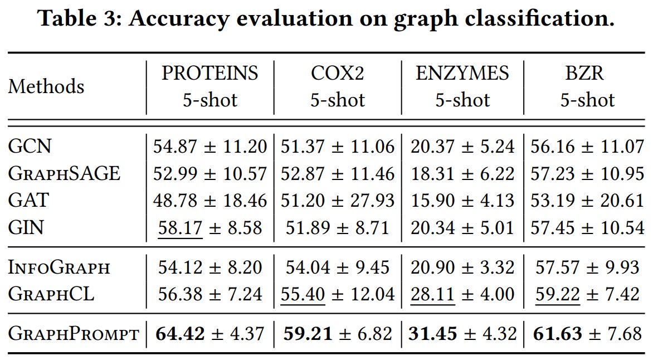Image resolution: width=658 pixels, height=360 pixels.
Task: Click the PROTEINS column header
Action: (210, 74)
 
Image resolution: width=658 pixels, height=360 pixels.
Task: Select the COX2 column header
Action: (338, 74)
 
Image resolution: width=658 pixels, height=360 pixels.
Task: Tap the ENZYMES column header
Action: (462, 74)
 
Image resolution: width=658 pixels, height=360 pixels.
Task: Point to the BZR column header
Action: (584, 74)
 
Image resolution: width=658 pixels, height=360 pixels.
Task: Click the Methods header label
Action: (46, 86)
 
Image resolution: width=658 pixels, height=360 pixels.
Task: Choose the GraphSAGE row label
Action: (64, 174)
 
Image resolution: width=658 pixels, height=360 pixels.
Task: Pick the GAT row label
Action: (28, 200)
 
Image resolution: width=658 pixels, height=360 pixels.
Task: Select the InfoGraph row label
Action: (59, 267)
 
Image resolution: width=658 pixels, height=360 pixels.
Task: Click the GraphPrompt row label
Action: (74, 334)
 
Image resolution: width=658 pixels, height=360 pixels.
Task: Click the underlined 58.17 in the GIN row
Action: (181, 228)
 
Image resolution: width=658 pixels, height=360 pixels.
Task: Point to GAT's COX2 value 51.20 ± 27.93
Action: (338, 201)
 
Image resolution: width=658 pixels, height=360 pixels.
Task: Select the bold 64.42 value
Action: (181, 334)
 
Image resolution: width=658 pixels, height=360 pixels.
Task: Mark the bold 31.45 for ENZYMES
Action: (433, 334)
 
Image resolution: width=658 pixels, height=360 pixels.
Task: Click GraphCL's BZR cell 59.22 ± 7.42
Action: (587, 294)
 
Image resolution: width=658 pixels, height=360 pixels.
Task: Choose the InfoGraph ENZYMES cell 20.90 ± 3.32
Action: (462, 267)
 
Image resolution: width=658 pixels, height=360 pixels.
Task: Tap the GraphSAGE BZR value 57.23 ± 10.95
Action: (587, 174)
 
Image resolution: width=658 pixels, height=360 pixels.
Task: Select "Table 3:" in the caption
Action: (79, 18)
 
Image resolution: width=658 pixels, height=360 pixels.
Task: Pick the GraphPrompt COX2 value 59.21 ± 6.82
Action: (338, 334)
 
